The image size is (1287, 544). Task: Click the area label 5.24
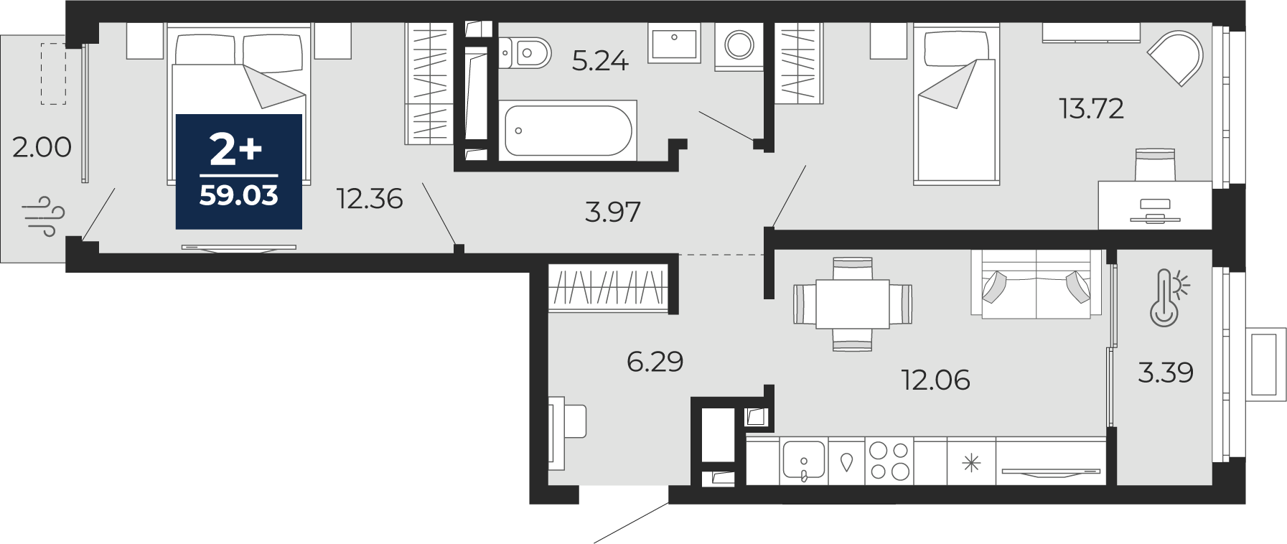coord(600,61)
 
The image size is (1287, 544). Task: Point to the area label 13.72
coord(1092,108)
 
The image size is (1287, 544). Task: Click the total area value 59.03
coord(238,195)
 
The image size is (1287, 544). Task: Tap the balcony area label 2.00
coord(42,147)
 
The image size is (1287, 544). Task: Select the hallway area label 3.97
coord(612,212)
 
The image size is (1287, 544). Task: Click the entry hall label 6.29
coord(655,361)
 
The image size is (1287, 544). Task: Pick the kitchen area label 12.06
coord(935,380)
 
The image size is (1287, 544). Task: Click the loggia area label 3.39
coord(1166,372)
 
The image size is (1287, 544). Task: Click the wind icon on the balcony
coord(43,216)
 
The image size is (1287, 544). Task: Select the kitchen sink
coord(804,460)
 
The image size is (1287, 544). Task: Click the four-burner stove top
coord(889,461)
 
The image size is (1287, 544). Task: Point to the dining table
coord(853,304)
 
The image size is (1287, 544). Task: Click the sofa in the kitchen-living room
coord(1036,283)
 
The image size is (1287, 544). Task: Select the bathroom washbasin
coord(675,42)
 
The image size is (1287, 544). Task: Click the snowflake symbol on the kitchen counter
coord(971,462)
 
